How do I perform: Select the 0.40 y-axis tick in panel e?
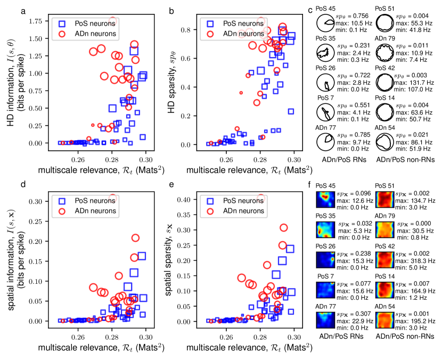[x=191, y=200]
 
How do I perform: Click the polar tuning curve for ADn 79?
[x=383, y=54]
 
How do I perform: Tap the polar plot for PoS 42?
[x=383, y=83]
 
